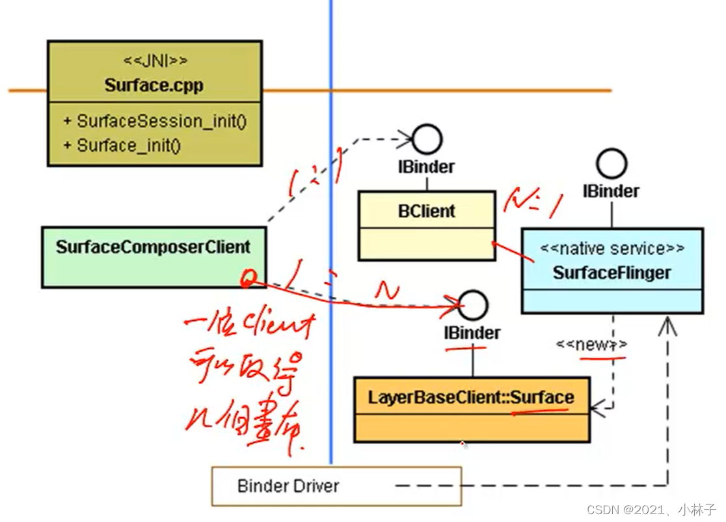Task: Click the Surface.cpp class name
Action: [x=154, y=86]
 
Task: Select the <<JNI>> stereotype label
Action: [x=155, y=61]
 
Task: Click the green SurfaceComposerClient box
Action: [x=154, y=257]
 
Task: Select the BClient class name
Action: [x=427, y=211]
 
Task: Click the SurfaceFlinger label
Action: [x=612, y=273]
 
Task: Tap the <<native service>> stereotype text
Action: [x=612, y=249]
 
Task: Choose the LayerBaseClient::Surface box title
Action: [x=472, y=397]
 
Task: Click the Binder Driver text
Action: [x=288, y=486]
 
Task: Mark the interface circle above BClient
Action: [x=427, y=139]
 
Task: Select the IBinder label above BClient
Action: [x=426, y=167]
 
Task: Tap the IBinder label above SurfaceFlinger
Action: [x=612, y=191]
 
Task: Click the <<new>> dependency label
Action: [x=591, y=345]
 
